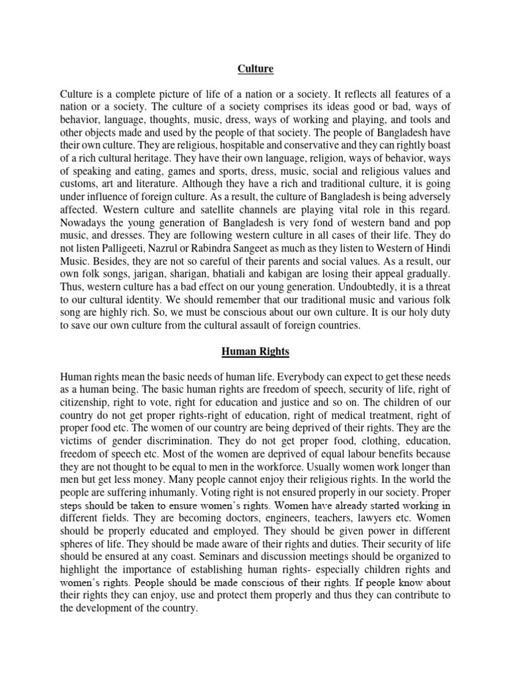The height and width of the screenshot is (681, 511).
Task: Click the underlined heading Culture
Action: (255, 68)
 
